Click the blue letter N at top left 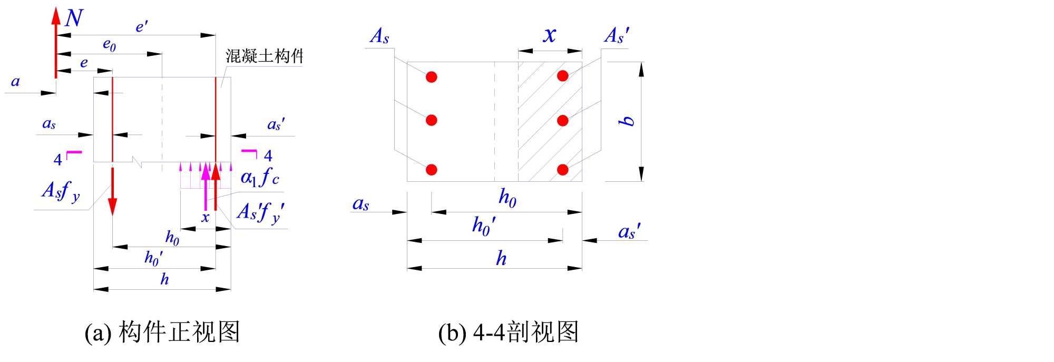[x=74, y=18]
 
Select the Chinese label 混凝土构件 [x=265, y=56]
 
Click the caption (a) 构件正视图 [x=162, y=332]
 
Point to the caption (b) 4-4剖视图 [x=509, y=332]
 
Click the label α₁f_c [x=260, y=177]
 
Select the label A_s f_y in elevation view [x=61, y=191]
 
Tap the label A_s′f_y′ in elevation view [x=261, y=212]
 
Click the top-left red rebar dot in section [x=432, y=77]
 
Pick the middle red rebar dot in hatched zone [x=563, y=121]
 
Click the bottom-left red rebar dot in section [x=432, y=170]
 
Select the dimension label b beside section [x=627, y=121]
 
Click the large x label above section [x=550, y=35]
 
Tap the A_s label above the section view [x=379, y=36]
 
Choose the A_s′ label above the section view [x=617, y=36]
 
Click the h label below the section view [x=501, y=258]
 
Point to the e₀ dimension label [x=109, y=45]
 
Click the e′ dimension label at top [x=141, y=26]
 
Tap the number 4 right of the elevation [x=268, y=156]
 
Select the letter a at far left [x=15, y=82]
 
